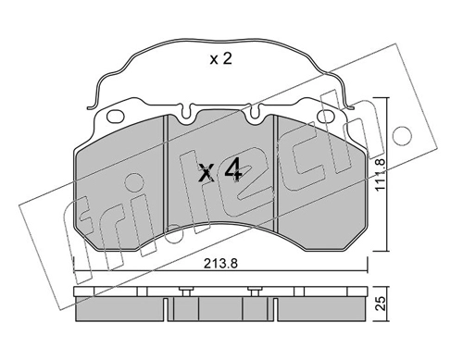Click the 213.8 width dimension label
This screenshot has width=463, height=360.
220,264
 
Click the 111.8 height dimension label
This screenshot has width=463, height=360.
382,174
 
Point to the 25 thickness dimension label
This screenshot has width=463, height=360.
382,304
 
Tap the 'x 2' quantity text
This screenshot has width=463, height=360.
220,58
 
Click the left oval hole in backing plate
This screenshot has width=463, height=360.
116,117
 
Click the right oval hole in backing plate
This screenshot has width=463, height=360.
327,117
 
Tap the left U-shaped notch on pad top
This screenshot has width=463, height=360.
185,113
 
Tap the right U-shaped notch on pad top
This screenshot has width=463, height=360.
255,113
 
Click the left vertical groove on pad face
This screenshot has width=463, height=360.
167,171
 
